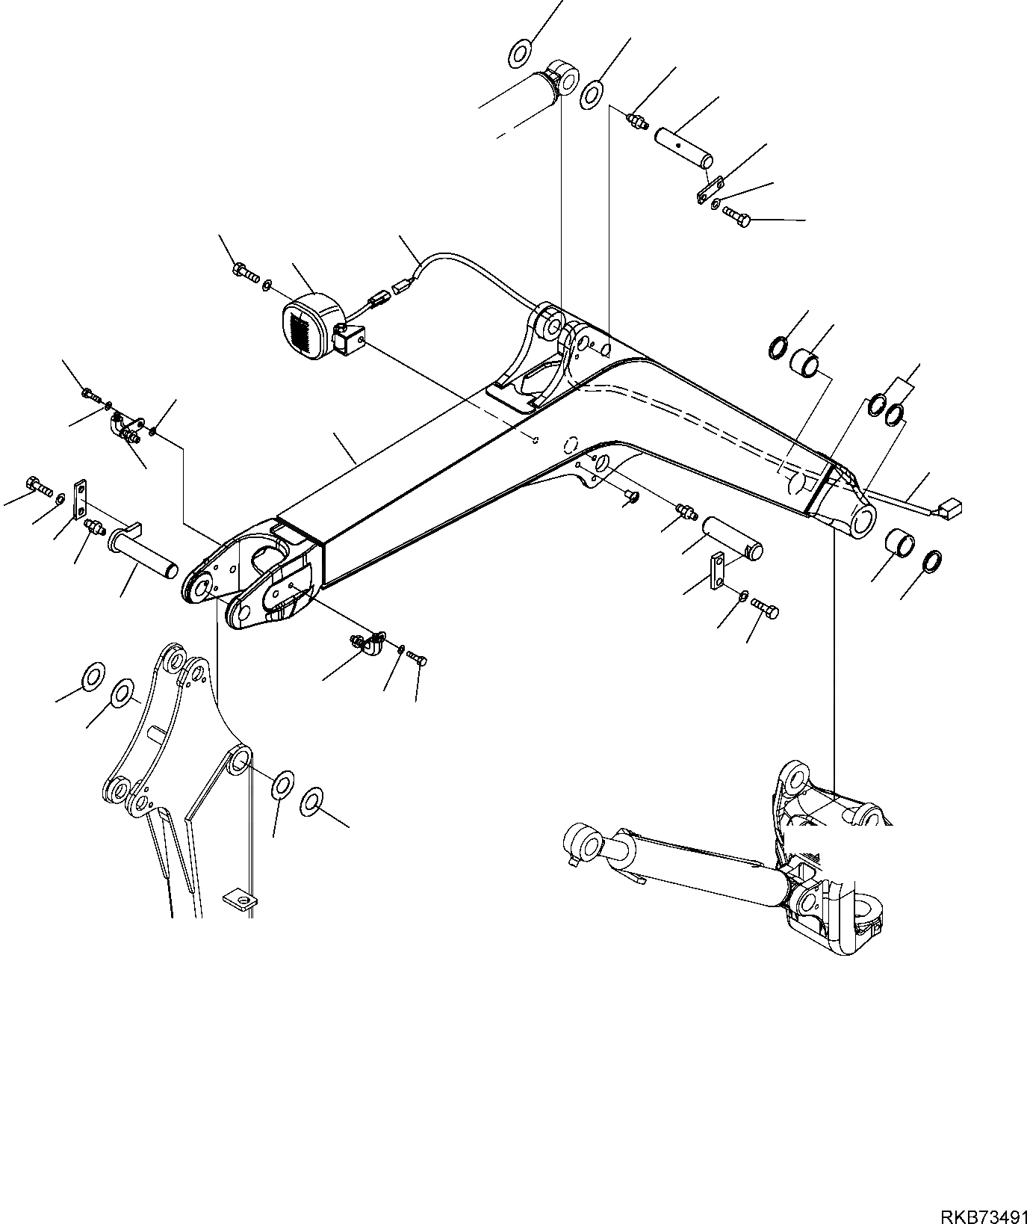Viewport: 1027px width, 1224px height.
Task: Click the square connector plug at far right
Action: point(951,509)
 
